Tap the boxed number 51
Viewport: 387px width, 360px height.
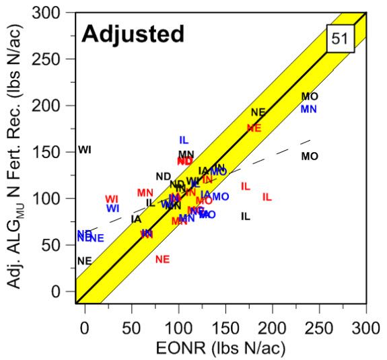[340, 40]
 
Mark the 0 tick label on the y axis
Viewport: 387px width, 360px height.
[64, 291]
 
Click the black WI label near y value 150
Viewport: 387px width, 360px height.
[85, 150]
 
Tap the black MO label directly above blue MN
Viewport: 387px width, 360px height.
[310, 97]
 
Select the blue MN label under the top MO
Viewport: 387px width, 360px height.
[309, 109]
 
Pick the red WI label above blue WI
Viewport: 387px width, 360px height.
[112, 199]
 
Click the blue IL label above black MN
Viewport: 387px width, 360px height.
[184, 140]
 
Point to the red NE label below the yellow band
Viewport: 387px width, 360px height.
[162, 259]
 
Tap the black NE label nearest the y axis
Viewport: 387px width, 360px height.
[84, 261]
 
